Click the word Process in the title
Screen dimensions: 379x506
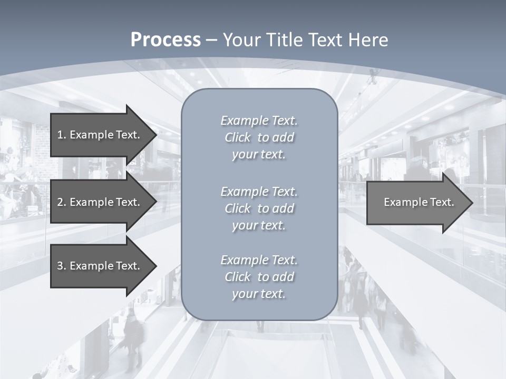pos(166,40)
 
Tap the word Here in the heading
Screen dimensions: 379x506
pos(367,40)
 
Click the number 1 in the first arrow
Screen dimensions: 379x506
pos(60,135)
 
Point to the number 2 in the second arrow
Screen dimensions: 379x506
pos(60,202)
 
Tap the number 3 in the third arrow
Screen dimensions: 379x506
pos(60,266)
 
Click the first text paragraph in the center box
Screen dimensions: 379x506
pos(259,137)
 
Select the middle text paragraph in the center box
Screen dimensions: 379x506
pos(259,208)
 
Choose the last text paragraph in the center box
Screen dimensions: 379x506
pos(259,277)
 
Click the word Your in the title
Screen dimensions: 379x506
pos(241,40)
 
